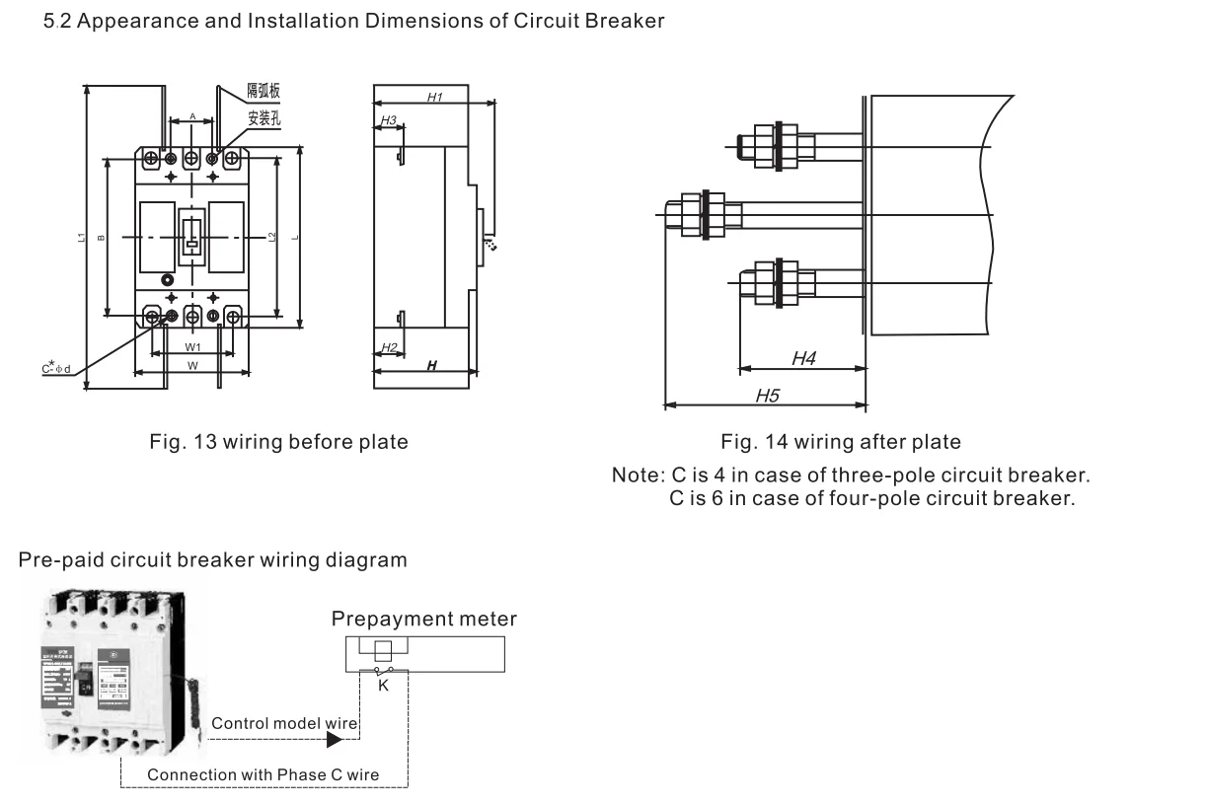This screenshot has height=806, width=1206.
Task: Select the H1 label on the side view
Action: pyautogui.click(x=434, y=97)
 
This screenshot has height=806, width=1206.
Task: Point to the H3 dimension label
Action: pyautogui.click(x=388, y=120)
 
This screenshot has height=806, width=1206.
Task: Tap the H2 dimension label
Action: pyautogui.click(x=388, y=347)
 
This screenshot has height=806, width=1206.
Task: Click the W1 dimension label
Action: pyautogui.click(x=193, y=347)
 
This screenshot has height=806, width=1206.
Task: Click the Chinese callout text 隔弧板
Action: pyautogui.click(x=264, y=91)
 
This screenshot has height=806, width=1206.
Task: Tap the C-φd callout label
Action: pyautogui.click(x=55, y=369)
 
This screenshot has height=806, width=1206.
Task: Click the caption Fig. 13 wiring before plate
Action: pyautogui.click(x=277, y=442)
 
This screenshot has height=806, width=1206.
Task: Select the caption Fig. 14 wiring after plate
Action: pyautogui.click(x=840, y=441)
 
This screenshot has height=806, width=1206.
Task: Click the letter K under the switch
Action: pyautogui.click(x=384, y=686)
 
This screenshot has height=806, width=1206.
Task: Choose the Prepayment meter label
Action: pyautogui.click(x=423, y=619)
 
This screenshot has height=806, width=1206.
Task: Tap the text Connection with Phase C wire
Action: pyautogui.click(x=263, y=774)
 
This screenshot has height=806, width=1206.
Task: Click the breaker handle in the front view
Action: pyautogui.click(x=192, y=236)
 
